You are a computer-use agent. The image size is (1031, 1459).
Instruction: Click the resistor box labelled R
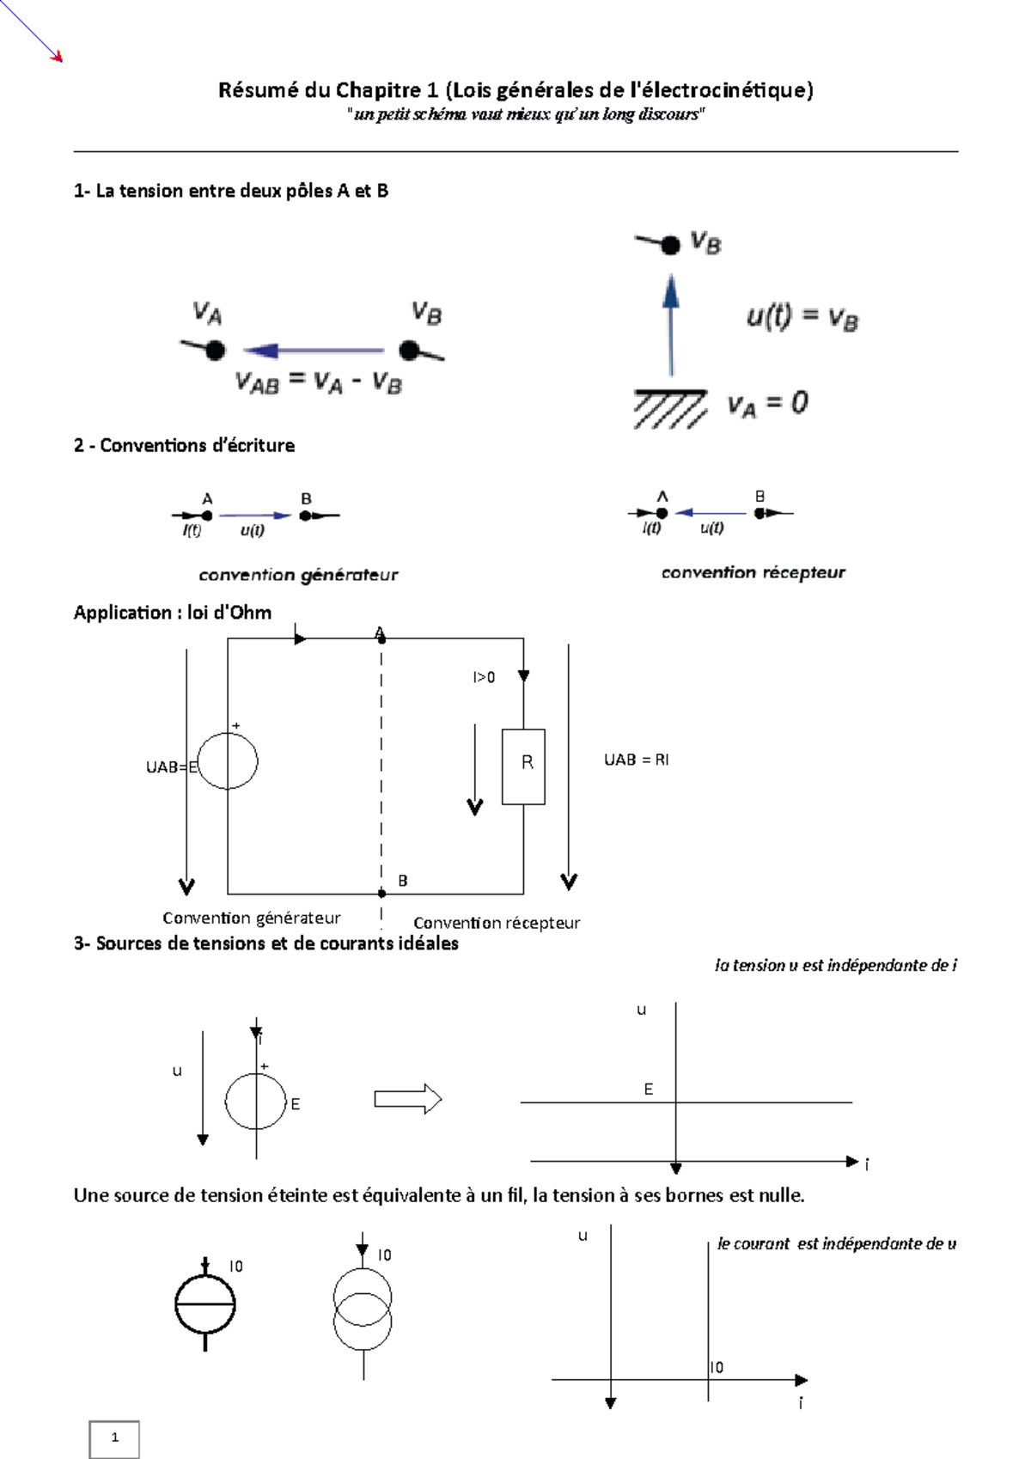[523, 766]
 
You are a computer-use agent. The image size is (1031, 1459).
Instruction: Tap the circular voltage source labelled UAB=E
[228, 760]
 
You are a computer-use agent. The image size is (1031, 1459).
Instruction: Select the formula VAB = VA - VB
[319, 382]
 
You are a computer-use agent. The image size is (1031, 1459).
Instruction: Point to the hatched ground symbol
[670, 408]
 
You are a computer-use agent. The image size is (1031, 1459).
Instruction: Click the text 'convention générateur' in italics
[298, 575]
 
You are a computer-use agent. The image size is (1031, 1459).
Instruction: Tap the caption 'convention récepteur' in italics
[753, 572]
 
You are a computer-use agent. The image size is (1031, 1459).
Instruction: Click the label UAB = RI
[636, 760]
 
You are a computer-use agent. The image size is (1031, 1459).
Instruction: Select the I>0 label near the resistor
[484, 677]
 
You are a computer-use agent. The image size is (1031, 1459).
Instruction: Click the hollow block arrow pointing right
[407, 1099]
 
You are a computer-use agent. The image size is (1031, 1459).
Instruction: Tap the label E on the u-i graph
[649, 1090]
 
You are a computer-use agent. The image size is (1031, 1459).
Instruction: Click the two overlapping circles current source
[363, 1313]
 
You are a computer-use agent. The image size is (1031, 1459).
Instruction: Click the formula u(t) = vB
[802, 319]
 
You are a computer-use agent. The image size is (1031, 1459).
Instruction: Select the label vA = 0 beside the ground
[767, 404]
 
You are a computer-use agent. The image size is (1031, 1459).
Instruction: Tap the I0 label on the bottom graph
[717, 1367]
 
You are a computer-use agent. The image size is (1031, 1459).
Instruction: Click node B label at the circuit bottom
[402, 881]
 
